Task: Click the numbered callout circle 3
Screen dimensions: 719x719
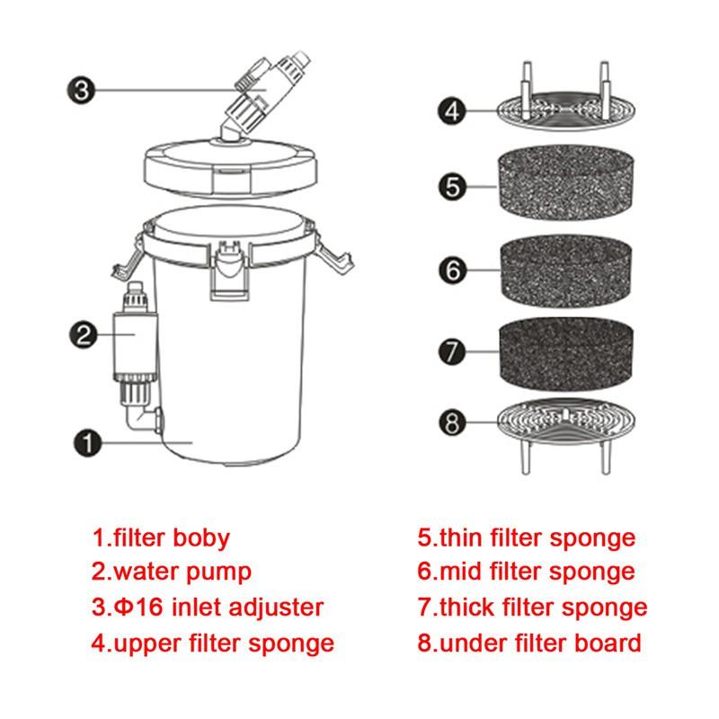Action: pos(79,90)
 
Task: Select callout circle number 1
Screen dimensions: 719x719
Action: pos(87,442)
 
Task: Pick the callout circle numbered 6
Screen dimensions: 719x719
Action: pos(454,268)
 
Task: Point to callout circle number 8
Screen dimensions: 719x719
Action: pos(454,422)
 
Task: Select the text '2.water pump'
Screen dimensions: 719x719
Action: pos(171,572)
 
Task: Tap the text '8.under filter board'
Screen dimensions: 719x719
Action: pos(529,644)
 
